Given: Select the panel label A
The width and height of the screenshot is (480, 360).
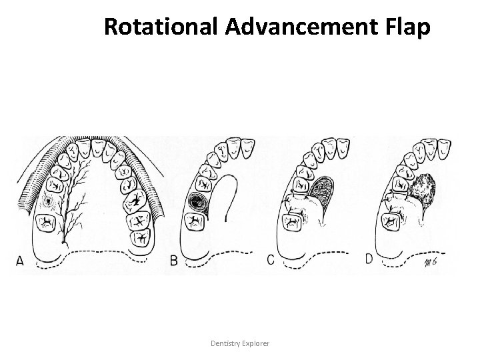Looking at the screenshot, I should coord(19,261).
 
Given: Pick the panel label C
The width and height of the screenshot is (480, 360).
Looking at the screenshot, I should coord(271,260).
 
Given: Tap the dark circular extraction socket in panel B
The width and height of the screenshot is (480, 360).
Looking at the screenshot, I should coord(196,201).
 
